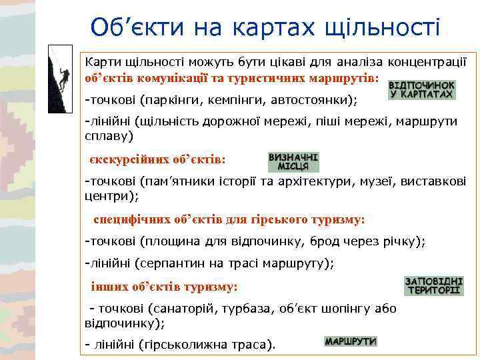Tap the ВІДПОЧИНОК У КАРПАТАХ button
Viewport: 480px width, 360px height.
coord(422,91)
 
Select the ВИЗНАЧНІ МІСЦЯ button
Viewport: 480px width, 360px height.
coord(293,162)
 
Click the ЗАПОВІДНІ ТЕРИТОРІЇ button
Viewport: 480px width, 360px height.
coord(433,285)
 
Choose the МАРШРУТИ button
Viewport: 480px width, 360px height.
coord(351,341)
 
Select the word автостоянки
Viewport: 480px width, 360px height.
coord(315,101)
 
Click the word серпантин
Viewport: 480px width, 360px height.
coord(167,263)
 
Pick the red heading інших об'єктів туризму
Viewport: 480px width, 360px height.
coord(164,286)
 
